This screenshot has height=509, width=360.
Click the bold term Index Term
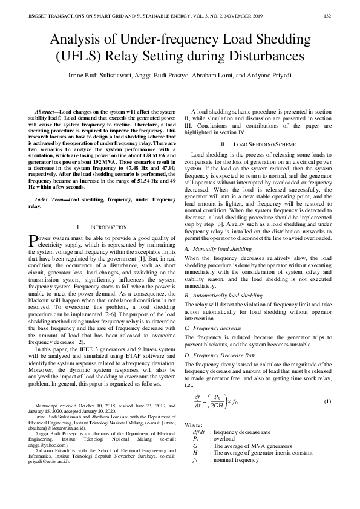[x=51, y=199]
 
